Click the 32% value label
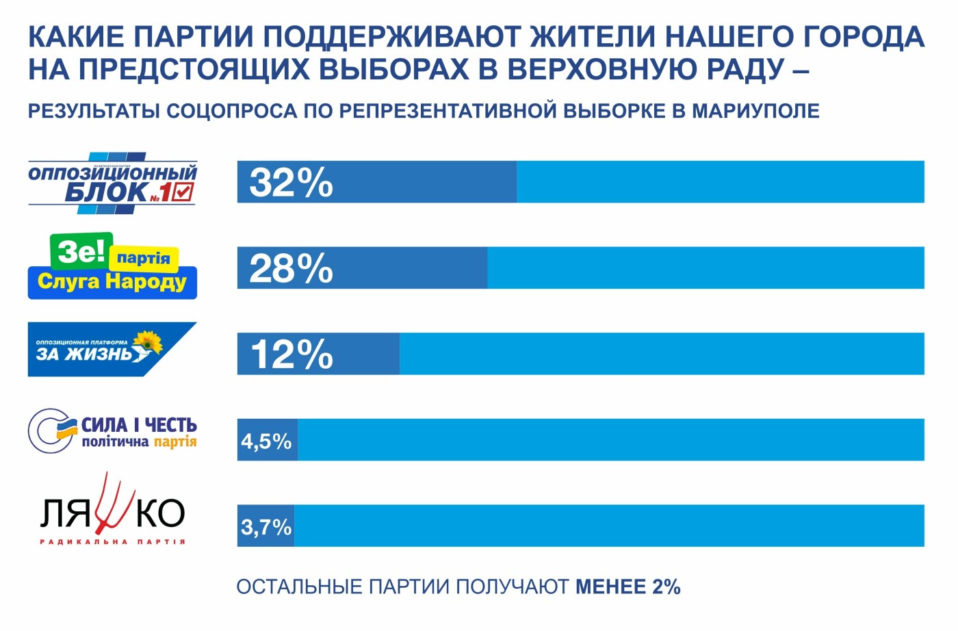coord(291,183)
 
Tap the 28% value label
coord(291,268)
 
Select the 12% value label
coord(292,355)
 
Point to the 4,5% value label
coord(266,441)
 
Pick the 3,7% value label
coord(266,528)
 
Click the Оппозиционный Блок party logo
coord(112,183)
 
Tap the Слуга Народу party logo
coord(112,268)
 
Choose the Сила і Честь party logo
coord(112,431)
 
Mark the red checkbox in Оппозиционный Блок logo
coord(183,192)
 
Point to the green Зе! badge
coord(81,251)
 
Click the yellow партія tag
coord(144,259)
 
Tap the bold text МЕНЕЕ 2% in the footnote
coord(627,587)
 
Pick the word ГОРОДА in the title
coord(863,37)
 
